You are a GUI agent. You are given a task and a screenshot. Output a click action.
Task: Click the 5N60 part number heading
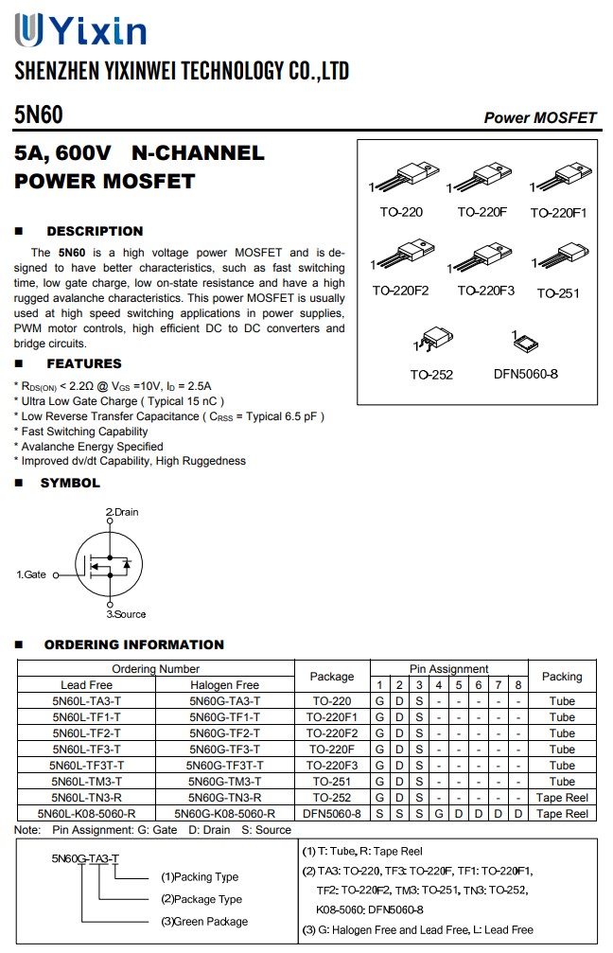(39, 115)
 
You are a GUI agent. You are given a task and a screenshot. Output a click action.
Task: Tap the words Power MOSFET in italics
(540, 118)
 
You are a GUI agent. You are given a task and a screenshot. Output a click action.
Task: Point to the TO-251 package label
(558, 293)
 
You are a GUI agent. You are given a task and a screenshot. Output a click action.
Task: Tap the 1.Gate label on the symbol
(31, 574)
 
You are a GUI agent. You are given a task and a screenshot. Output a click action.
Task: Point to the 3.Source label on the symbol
(126, 614)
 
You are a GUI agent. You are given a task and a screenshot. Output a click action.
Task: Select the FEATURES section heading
(83, 363)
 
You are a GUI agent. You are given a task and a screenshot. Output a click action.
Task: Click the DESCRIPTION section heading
(95, 231)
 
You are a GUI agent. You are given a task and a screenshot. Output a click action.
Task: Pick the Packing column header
(561, 677)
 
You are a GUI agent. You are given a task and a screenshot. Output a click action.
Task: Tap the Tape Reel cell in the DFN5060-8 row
(561, 814)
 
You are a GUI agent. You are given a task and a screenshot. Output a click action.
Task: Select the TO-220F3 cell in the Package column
(331, 766)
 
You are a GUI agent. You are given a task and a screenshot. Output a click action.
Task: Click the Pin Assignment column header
(448, 669)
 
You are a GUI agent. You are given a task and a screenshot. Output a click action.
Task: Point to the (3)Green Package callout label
(203, 922)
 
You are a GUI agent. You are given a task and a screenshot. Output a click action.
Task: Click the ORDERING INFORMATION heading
(133, 645)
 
